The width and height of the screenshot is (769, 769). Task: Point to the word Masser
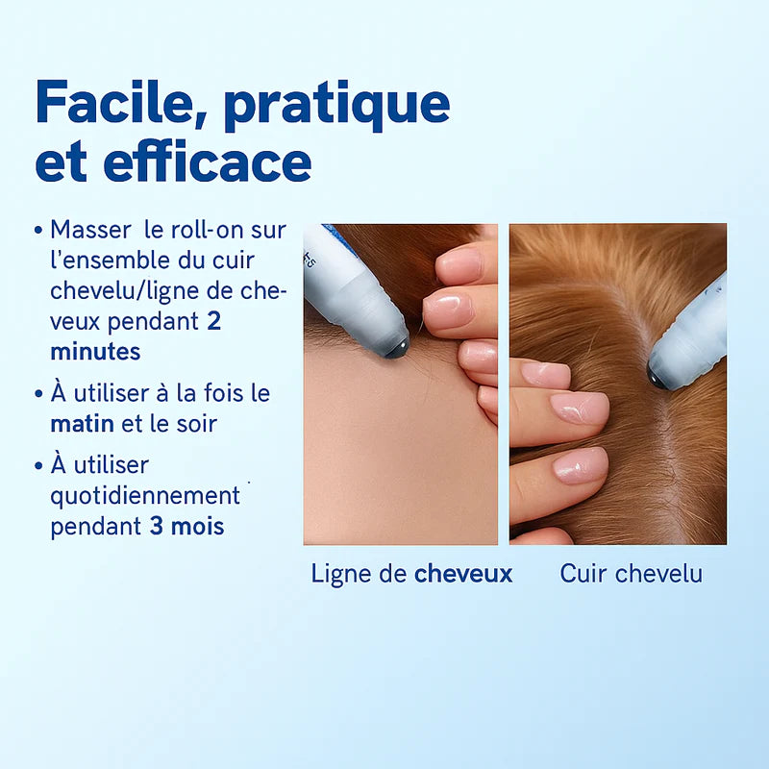pyautogui.click(x=89, y=231)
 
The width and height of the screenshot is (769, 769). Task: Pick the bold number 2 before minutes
pyautogui.click(x=213, y=322)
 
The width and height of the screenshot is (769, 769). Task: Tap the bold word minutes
pyautogui.click(x=95, y=352)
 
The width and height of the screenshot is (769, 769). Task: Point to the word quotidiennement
pyautogui.click(x=145, y=496)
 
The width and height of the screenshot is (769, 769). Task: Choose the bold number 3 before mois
pyautogui.click(x=156, y=527)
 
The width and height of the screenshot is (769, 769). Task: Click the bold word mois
pyautogui.click(x=198, y=527)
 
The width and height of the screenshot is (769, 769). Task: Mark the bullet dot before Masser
pyautogui.click(x=38, y=232)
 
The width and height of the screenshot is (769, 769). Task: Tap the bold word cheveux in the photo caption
pyautogui.click(x=463, y=574)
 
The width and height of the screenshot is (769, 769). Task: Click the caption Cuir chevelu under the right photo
pyautogui.click(x=631, y=574)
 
